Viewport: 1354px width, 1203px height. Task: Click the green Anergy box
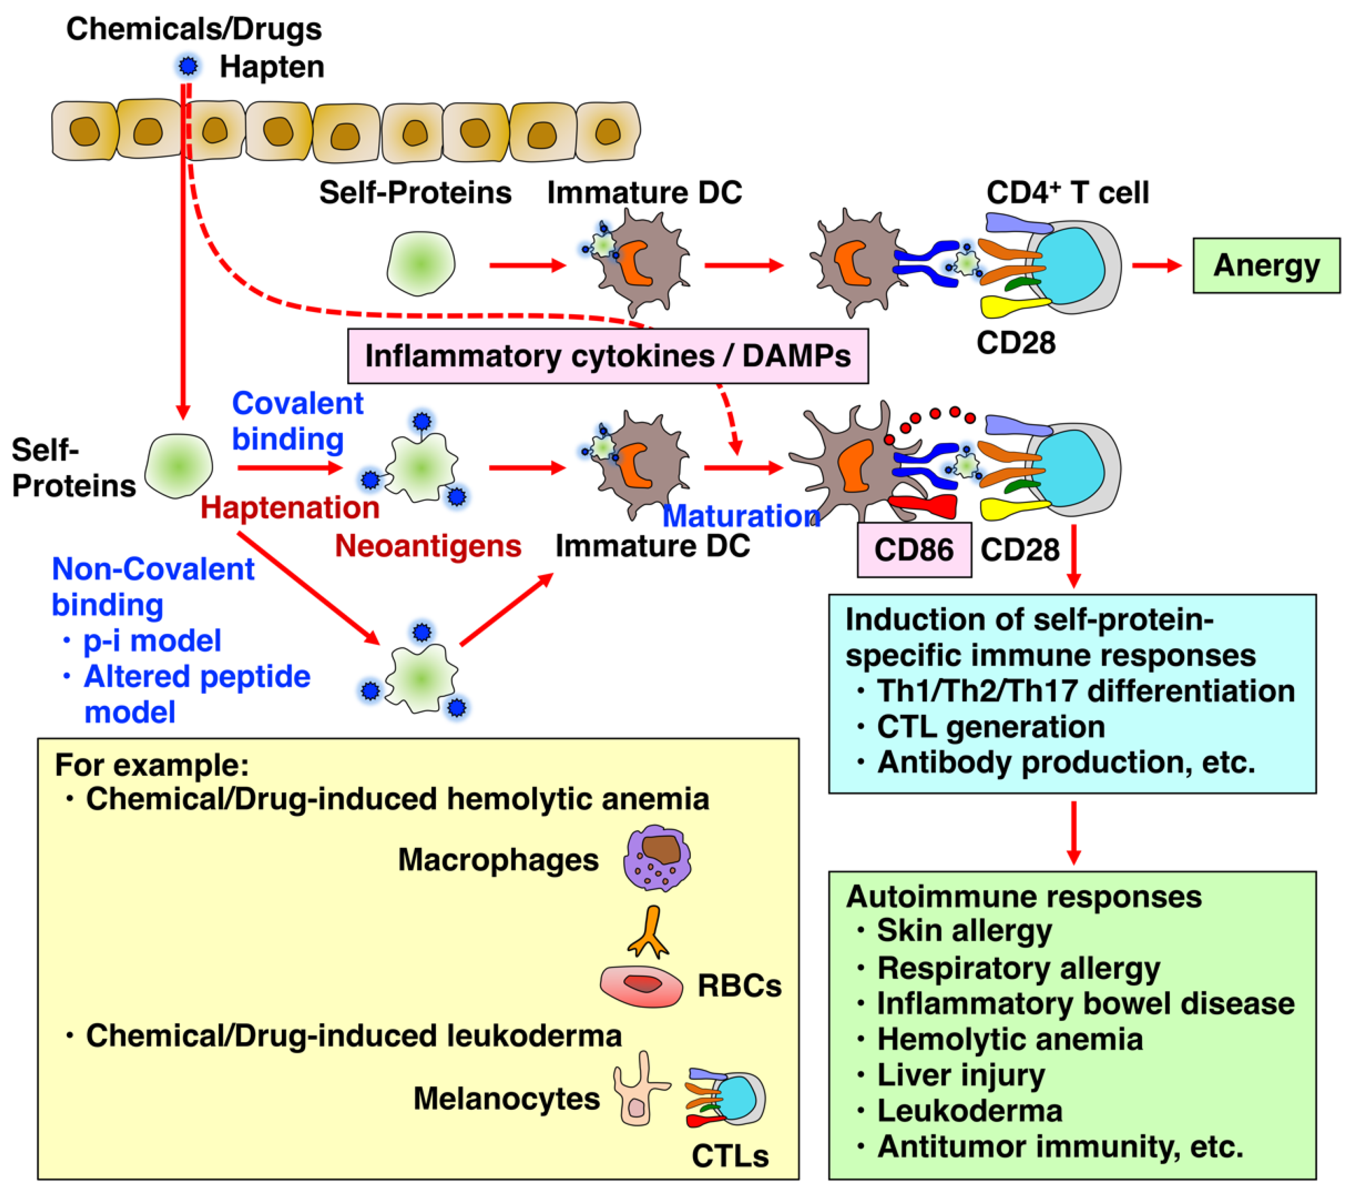(x=1265, y=266)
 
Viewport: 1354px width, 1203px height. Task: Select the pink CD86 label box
(x=914, y=550)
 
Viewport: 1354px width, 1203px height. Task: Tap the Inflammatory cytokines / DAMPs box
(x=608, y=356)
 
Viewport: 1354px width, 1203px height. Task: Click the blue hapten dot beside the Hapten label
(x=189, y=65)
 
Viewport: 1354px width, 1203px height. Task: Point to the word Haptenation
(x=289, y=508)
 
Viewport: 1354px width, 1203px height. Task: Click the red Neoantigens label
(x=428, y=546)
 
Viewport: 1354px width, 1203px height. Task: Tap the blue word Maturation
(x=741, y=515)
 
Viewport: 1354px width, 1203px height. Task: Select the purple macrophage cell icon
(x=656, y=858)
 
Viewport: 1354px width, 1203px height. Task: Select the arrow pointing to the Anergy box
(x=1156, y=266)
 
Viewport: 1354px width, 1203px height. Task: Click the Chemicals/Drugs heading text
(x=194, y=29)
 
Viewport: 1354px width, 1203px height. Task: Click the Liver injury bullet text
(x=961, y=1074)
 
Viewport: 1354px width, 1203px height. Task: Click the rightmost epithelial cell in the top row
(x=608, y=131)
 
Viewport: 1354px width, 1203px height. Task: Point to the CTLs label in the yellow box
(x=729, y=1156)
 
